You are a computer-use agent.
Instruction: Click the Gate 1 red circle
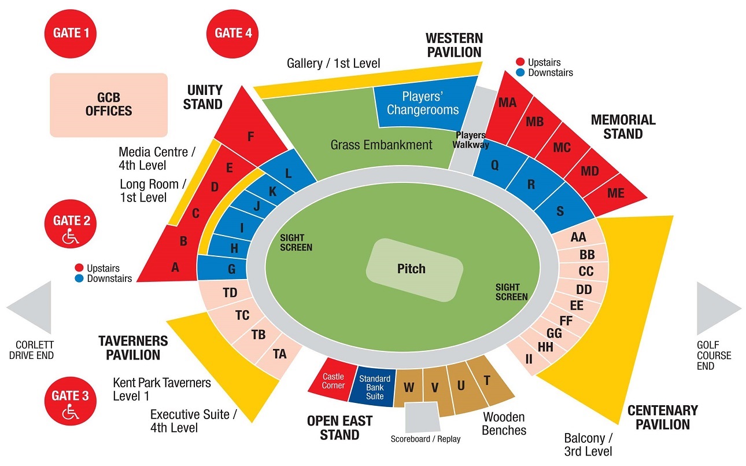pos(71,33)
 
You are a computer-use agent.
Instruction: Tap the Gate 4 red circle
pos(233,33)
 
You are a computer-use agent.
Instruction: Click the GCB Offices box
pos(109,105)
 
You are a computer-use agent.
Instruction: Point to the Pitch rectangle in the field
pos(415,269)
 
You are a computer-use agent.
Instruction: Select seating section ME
pos(615,193)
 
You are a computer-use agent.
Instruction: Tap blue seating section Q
pos(495,165)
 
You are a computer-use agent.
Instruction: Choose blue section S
pos(559,211)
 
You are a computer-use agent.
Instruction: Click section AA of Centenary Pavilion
pos(578,237)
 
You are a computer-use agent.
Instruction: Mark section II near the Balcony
pos(528,359)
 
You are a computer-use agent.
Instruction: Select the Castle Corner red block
pos(334,381)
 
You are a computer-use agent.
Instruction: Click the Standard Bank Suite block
pos(375,387)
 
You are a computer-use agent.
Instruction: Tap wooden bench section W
pos(409,387)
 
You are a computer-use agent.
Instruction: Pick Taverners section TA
pos(279,354)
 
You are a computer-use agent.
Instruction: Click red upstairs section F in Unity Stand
pos(250,137)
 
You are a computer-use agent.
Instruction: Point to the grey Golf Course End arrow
pos(718,309)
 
